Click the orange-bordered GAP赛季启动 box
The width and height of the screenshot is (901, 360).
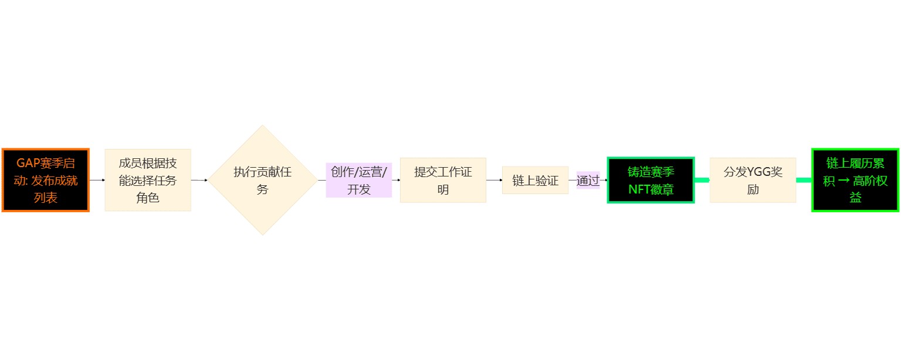[x=46, y=180]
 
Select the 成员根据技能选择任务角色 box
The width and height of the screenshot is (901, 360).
[x=148, y=180]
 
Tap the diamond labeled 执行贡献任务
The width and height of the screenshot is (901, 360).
[x=263, y=180]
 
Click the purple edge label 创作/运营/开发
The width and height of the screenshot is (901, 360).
[x=358, y=180]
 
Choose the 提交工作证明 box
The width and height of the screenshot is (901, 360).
[x=443, y=180]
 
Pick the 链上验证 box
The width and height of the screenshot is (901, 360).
[x=535, y=180]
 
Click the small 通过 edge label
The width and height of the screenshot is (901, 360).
[x=588, y=180]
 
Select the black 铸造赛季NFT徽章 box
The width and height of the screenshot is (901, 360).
[x=651, y=180]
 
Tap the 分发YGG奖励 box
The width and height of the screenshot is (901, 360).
[x=753, y=180]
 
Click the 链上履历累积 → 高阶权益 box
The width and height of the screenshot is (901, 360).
[x=855, y=180]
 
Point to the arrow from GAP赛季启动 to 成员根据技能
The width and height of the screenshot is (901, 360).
[x=97, y=180]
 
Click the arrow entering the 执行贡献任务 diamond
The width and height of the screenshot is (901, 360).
[x=199, y=180]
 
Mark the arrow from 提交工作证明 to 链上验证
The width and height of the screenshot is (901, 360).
[x=494, y=180]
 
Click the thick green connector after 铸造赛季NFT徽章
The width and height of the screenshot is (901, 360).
[x=702, y=180]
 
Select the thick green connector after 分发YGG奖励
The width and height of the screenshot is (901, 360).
[x=804, y=180]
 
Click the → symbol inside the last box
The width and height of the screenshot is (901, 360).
[x=844, y=181]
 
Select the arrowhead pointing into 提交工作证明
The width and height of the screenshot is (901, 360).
[x=398, y=180]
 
